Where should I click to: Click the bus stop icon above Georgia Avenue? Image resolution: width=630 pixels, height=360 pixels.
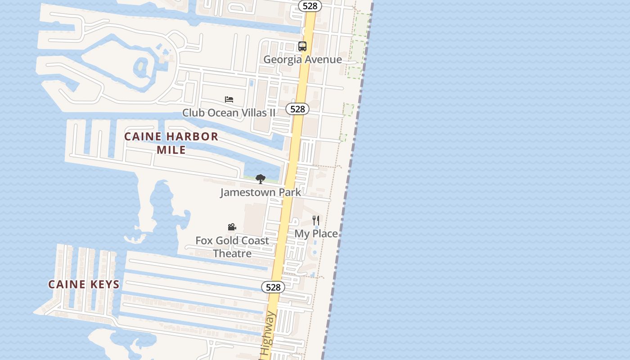click(x=302, y=46)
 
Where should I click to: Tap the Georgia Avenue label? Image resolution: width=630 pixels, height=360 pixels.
click(x=302, y=59)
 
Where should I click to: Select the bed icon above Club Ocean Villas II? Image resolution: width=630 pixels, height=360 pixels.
click(x=229, y=99)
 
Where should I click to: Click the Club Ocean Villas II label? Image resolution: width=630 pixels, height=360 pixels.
click(x=229, y=112)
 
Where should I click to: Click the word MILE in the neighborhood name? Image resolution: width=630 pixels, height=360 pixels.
click(x=171, y=149)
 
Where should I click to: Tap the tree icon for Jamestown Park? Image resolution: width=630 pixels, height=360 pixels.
click(x=260, y=179)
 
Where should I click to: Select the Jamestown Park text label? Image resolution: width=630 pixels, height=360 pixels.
click(x=261, y=193)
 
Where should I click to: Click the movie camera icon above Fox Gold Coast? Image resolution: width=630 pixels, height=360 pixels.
click(x=232, y=227)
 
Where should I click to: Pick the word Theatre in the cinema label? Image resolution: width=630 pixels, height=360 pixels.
click(x=232, y=253)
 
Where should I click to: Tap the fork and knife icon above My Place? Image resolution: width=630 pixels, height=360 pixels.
click(x=316, y=220)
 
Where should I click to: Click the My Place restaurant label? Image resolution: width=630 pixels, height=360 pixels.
click(x=316, y=234)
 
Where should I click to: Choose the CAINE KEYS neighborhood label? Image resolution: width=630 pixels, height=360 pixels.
click(x=84, y=284)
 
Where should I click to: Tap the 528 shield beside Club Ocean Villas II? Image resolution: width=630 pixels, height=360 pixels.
click(x=297, y=109)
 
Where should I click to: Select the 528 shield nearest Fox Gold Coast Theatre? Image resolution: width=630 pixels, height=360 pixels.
click(x=273, y=287)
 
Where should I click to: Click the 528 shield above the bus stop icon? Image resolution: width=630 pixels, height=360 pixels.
click(x=310, y=6)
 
